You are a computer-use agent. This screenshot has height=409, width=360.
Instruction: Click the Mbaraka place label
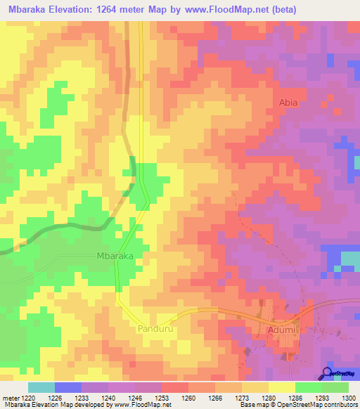tap(114, 257)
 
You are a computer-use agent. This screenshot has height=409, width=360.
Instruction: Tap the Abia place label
tap(289, 103)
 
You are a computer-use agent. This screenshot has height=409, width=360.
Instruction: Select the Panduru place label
tap(155, 328)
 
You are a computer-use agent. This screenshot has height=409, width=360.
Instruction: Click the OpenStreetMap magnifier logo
tap(328, 374)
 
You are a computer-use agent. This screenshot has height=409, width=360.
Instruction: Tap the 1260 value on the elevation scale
tap(188, 397)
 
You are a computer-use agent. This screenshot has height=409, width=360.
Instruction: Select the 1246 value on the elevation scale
tap(134, 397)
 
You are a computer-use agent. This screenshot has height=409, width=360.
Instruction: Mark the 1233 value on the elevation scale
tap(81, 397)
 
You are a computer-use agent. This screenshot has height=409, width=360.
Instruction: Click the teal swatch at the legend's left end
tap(41, 387)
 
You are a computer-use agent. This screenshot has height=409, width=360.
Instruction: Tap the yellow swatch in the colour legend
tap(281, 387)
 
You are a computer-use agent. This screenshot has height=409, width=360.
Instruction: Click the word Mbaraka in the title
tap(32, 10)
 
